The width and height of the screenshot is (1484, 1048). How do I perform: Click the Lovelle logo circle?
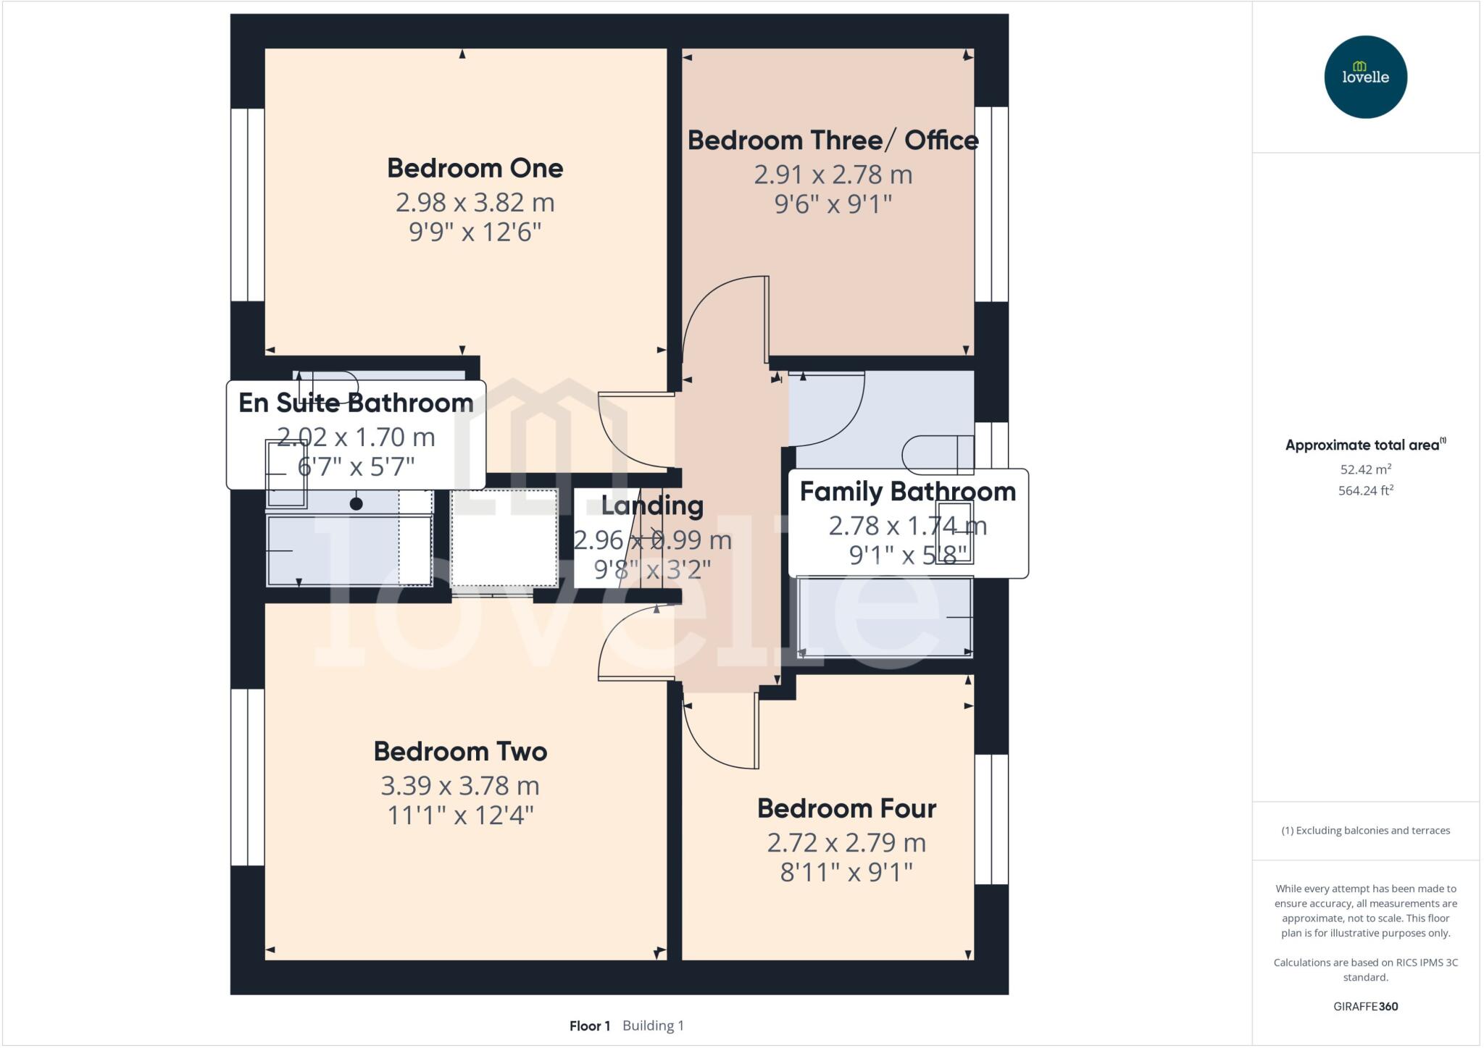pos(1365,77)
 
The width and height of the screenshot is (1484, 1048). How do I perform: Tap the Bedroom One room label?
pos(475,168)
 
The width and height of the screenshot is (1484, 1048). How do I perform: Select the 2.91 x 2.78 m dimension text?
pos(833,175)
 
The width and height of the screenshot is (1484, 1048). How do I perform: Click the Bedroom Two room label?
pos(460,751)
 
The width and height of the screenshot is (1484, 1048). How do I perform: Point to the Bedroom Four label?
pos(846,808)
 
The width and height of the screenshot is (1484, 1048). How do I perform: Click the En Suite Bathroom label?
pos(356,403)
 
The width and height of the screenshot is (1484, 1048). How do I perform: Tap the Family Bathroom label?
pos(907,492)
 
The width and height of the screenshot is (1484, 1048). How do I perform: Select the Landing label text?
pos(652,506)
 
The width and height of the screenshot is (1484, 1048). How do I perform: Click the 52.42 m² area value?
pos(1365,469)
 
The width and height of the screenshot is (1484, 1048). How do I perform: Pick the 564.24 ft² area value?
pos(1365,490)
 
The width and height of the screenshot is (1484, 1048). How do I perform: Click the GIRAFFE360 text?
pos(1365,1006)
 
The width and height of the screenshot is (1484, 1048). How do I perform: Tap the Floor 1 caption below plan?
pos(589,1026)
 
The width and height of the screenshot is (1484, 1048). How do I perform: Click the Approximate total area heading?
pos(1362,445)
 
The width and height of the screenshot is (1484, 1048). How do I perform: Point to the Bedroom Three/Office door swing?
pos(725,319)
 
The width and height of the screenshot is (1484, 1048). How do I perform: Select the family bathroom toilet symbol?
pos(937,454)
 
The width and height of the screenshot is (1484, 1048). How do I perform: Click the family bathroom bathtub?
pos(884,617)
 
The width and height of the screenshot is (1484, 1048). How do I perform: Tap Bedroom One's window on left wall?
pos(247,204)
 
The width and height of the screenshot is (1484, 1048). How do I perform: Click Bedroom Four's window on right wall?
pos(991,819)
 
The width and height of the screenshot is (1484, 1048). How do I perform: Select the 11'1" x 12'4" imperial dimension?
pos(460,816)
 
